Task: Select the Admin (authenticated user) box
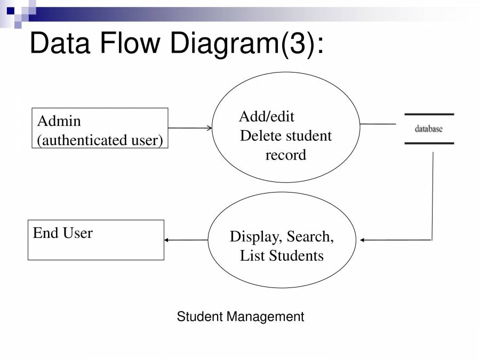click(x=100, y=128)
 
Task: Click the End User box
click(x=96, y=240)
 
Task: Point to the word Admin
click(x=59, y=121)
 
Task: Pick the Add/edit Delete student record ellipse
click(x=286, y=127)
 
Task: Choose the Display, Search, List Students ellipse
click(x=282, y=240)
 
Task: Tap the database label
click(x=428, y=129)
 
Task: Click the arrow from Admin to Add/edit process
click(x=190, y=128)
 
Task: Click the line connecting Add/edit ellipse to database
click(x=378, y=124)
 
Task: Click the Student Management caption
click(x=240, y=317)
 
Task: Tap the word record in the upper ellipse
click(x=286, y=155)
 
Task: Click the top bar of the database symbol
click(x=429, y=115)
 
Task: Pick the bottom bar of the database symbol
click(x=429, y=143)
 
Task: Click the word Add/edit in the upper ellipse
click(x=266, y=116)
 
